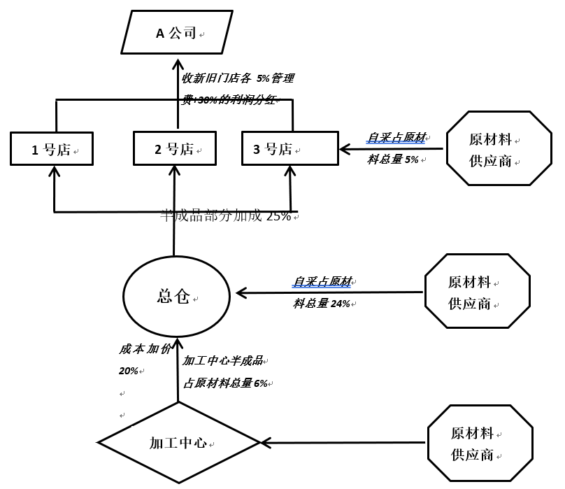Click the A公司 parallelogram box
click(177, 33)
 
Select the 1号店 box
click(52, 149)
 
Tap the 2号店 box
click(175, 148)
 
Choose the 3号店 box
click(289, 148)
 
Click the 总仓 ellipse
click(176, 297)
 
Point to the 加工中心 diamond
click(179, 443)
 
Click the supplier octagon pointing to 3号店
click(498, 148)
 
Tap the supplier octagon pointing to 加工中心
click(480, 443)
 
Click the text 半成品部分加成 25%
click(225, 216)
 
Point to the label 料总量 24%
click(322, 304)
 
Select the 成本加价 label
click(144, 349)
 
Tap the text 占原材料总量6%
click(225, 383)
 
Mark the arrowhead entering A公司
click(178, 64)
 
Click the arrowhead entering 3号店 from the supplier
click(344, 149)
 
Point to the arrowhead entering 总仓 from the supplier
click(241, 292)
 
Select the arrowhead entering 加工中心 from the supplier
click(266, 443)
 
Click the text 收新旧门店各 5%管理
click(238, 78)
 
